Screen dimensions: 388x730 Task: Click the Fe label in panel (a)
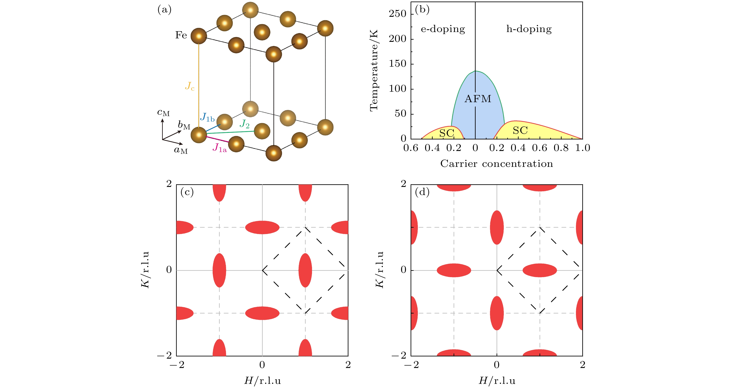[181, 35]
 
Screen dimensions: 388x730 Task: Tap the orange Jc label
[190, 86]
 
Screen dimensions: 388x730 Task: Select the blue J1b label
[207, 117]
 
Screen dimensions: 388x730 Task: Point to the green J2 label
[244, 124]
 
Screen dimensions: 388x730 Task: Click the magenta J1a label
[220, 148]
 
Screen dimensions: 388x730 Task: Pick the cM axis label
[163, 113]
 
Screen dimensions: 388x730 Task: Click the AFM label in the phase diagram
[478, 99]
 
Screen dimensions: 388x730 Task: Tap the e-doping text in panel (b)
[443, 29]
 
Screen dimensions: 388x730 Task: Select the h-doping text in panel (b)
[529, 29]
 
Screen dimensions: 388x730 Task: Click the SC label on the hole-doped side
[520, 130]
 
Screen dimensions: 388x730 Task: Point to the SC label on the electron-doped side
[447, 133]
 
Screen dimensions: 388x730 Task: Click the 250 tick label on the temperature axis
[397, 14]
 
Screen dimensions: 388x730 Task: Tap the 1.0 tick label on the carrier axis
[582, 148]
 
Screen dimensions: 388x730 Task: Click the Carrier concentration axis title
[497, 164]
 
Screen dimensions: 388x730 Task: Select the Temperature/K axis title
[374, 70]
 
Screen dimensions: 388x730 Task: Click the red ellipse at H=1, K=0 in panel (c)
[305, 270]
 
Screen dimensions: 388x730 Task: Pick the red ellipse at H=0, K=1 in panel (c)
[262, 227]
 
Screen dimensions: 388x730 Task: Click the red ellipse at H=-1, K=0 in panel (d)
[454, 270]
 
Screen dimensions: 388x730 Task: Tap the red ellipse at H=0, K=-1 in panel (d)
[497, 313]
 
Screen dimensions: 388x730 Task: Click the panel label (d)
[422, 192]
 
